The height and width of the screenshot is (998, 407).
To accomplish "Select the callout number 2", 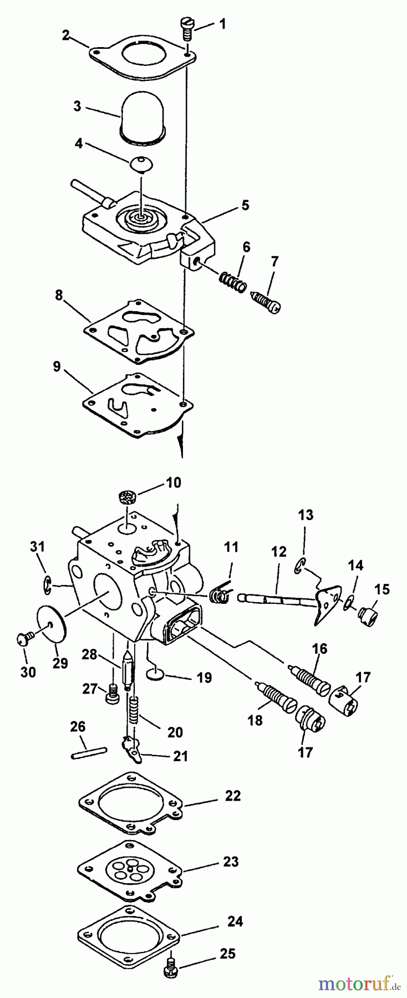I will point(66,35).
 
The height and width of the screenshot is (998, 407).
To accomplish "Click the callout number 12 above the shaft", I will point(278,552).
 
